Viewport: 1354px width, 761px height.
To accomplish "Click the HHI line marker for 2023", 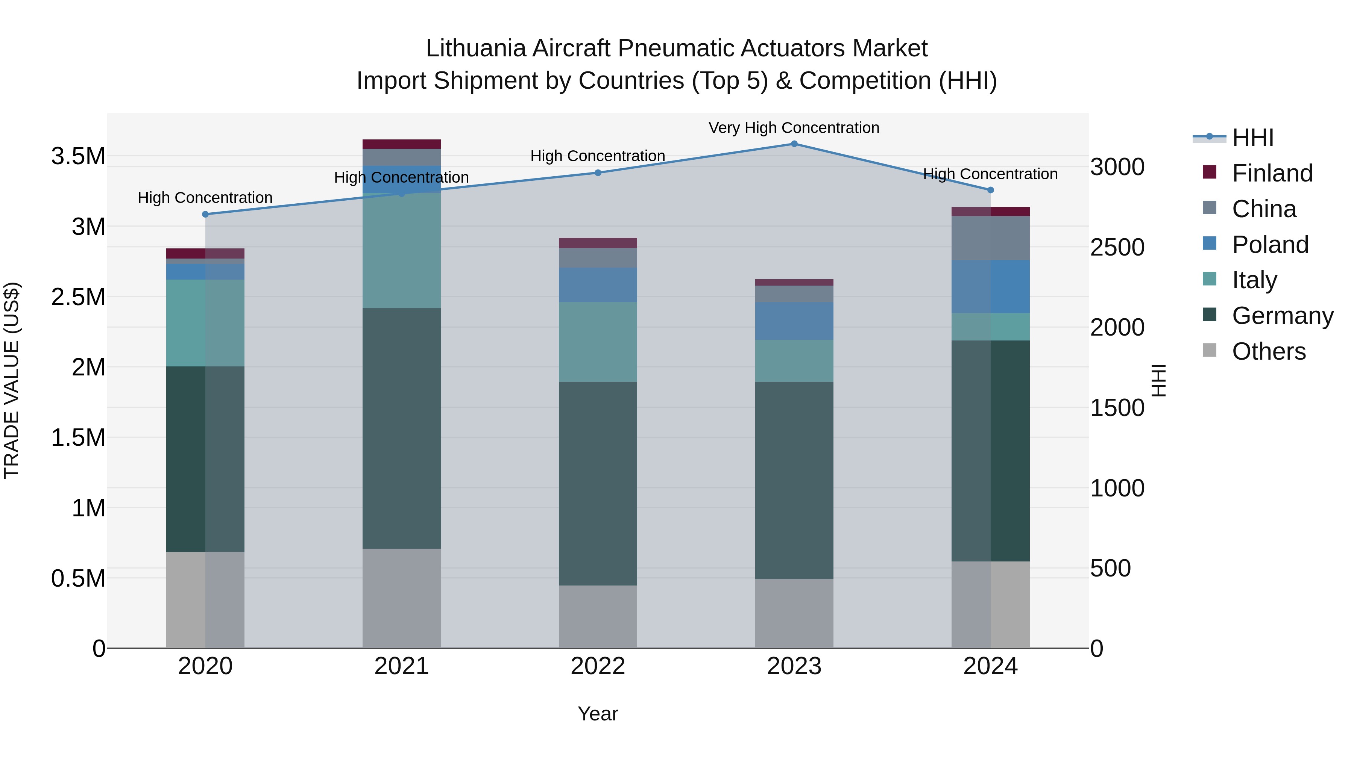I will pos(794,144).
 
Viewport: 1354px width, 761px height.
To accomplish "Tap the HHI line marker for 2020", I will pos(205,214).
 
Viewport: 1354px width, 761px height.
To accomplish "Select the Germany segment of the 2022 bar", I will pos(598,483).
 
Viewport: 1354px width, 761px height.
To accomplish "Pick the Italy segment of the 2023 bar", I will pos(794,360).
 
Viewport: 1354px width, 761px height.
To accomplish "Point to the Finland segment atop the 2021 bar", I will pos(402,144).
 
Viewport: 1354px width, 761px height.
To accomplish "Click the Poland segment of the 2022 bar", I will pos(598,284).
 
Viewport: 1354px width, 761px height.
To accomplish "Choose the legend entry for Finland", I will pos(1272,173).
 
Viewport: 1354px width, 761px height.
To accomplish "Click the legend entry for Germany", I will pos(1282,316).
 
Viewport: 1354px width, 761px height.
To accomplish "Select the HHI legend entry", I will pos(1252,138).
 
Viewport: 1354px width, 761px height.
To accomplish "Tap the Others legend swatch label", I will pos(1268,351).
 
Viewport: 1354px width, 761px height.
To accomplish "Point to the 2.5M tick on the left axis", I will pos(78,297).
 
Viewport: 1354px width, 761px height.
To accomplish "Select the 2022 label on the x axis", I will pos(598,666).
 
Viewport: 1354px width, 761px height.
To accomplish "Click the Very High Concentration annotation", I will pos(794,128).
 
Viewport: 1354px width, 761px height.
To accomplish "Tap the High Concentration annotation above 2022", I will pos(598,156).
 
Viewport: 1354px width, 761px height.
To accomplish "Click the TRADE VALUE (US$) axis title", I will pos(12,380).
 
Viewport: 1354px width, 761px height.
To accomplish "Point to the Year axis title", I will pos(598,714).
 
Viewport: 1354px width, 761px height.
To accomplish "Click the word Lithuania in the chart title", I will pos(475,48).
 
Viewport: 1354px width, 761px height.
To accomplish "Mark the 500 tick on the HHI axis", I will pos(1110,569).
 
